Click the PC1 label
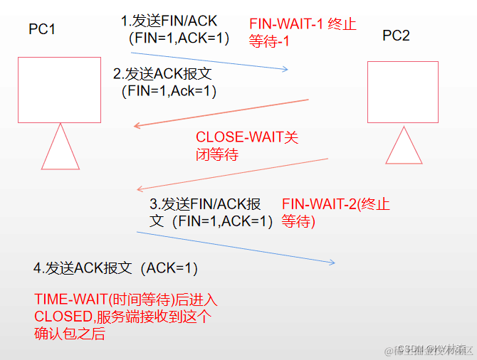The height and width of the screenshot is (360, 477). tap(42, 28)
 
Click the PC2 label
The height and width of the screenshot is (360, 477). tap(396, 36)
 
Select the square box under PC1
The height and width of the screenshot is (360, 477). tap(59, 90)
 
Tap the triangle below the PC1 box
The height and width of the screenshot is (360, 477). tap(59, 147)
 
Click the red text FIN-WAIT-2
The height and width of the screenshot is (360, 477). tap(318, 204)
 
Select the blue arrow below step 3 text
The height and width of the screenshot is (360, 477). tap(235, 246)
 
